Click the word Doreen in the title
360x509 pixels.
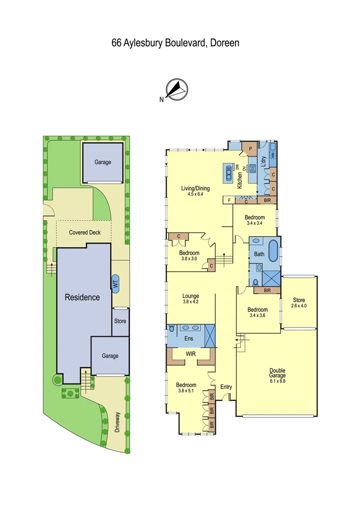pyautogui.click(x=224, y=43)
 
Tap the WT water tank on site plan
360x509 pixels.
pyautogui.click(x=115, y=284)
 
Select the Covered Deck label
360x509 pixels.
pyautogui.click(x=85, y=232)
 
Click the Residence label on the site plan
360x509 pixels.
pyautogui.click(x=82, y=297)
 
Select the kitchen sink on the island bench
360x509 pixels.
pyautogui.click(x=229, y=172)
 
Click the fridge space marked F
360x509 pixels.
pyautogui.click(x=229, y=200)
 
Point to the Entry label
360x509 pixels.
pyautogui.click(x=226, y=387)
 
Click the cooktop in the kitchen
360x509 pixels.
pyautogui.click(x=252, y=167)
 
